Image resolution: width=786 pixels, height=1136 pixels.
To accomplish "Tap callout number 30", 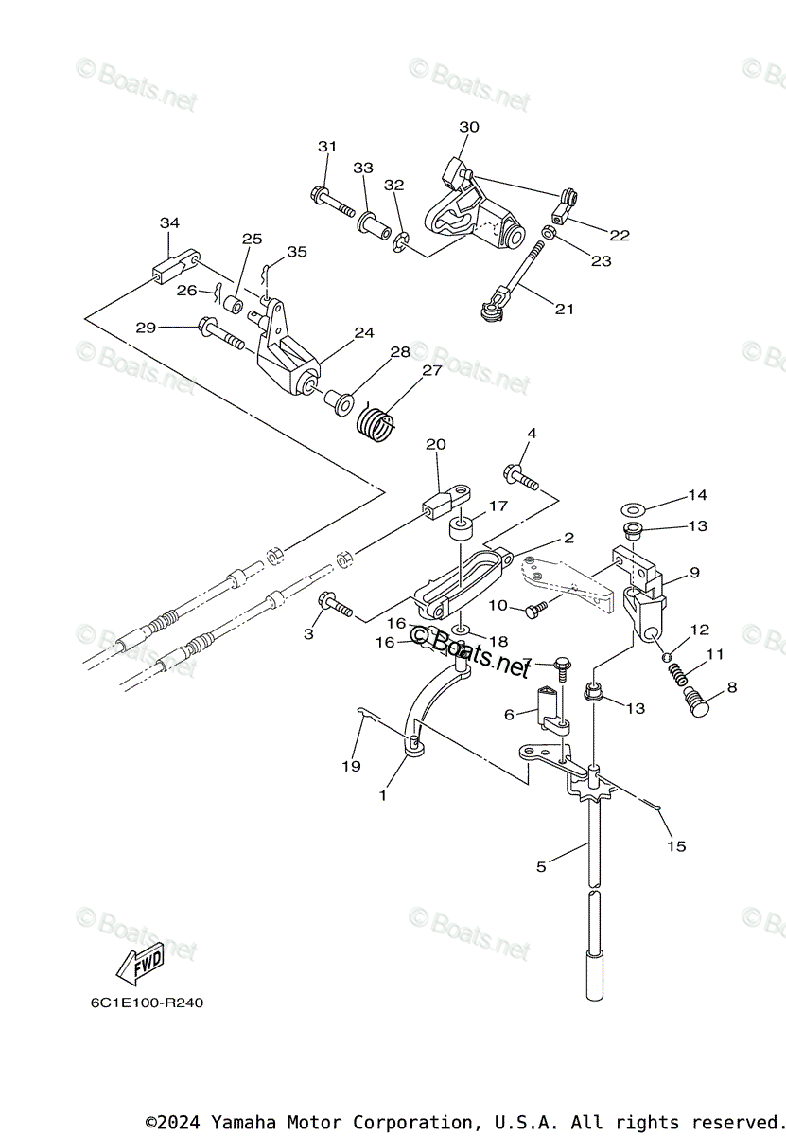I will click(469, 127).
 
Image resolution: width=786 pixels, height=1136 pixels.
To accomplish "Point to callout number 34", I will click(169, 222).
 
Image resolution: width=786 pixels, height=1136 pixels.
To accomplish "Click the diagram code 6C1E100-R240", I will click(141, 1003).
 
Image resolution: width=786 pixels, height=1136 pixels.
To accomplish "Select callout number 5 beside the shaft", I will click(541, 866).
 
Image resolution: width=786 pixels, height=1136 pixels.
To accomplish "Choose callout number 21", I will click(565, 309).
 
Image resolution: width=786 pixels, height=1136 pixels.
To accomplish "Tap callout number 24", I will click(364, 332).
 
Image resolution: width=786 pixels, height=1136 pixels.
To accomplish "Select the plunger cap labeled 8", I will click(698, 704).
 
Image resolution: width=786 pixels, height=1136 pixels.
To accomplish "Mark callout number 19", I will click(351, 766).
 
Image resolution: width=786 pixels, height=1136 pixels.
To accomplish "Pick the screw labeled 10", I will click(537, 607).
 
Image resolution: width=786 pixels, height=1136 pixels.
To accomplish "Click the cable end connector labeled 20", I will click(445, 500).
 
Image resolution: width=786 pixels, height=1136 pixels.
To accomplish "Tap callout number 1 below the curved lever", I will click(383, 795).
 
